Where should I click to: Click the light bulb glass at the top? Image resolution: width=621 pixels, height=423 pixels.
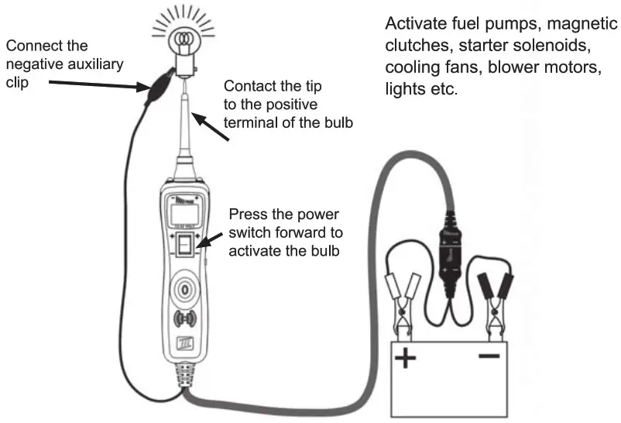184,39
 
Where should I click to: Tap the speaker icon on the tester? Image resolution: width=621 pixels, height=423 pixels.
187,320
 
